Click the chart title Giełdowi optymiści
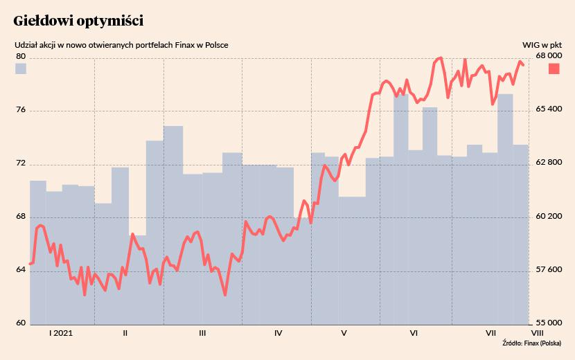click(x=78, y=21)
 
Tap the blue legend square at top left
click(x=21, y=69)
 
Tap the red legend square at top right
click(x=554, y=69)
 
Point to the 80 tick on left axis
click(x=20, y=56)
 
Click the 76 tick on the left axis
click(x=20, y=110)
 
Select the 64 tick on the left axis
click(x=20, y=269)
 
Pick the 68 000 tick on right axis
click(x=549, y=56)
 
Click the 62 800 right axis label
click(x=549, y=163)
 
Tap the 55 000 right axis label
click(x=549, y=323)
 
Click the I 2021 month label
click(x=61, y=333)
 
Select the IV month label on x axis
click(x=278, y=333)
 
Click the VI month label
click(x=414, y=333)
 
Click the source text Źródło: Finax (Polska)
click(x=531, y=343)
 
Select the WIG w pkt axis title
click(x=542, y=45)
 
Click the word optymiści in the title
click(x=111, y=21)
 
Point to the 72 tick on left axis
click(x=20, y=163)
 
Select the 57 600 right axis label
click(x=549, y=269)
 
